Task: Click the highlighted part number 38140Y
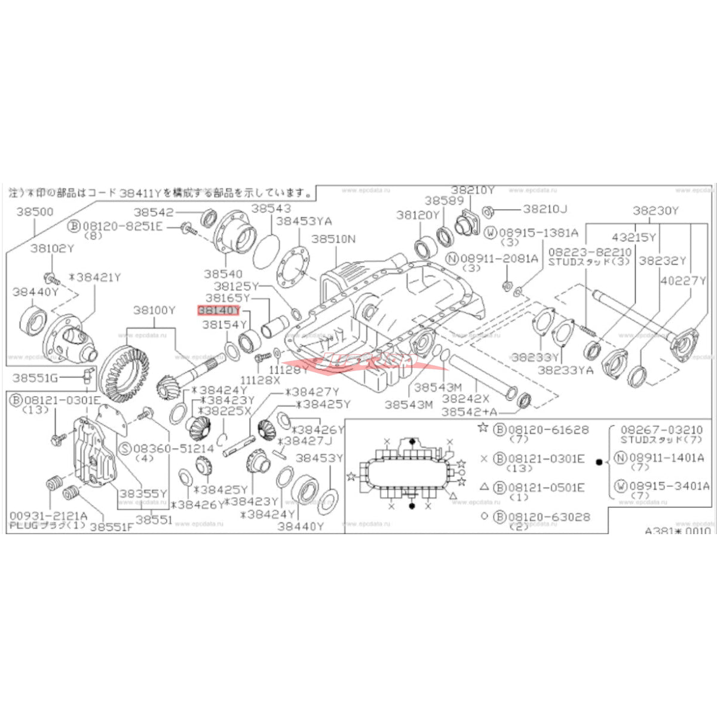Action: click(x=218, y=310)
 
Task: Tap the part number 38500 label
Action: click(x=34, y=212)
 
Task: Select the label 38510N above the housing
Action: click(x=333, y=238)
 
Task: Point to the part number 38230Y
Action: click(x=655, y=210)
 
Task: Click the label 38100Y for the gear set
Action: click(x=154, y=310)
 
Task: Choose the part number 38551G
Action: click(x=36, y=378)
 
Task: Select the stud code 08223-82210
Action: click(x=590, y=252)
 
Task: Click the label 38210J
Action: click(x=545, y=209)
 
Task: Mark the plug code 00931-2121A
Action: click(x=48, y=515)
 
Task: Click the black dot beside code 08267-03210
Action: click(x=599, y=462)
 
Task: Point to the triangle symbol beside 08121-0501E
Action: click(x=484, y=488)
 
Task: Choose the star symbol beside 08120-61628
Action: click(x=483, y=428)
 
